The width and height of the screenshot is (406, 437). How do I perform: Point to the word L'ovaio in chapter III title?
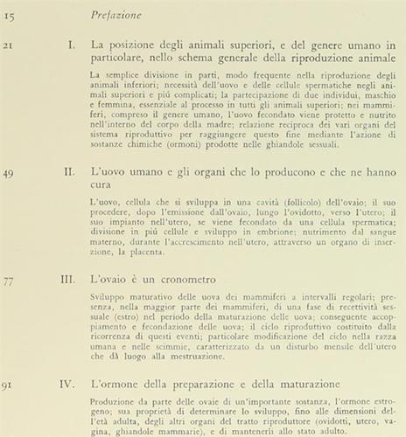click(x=110, y=282)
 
